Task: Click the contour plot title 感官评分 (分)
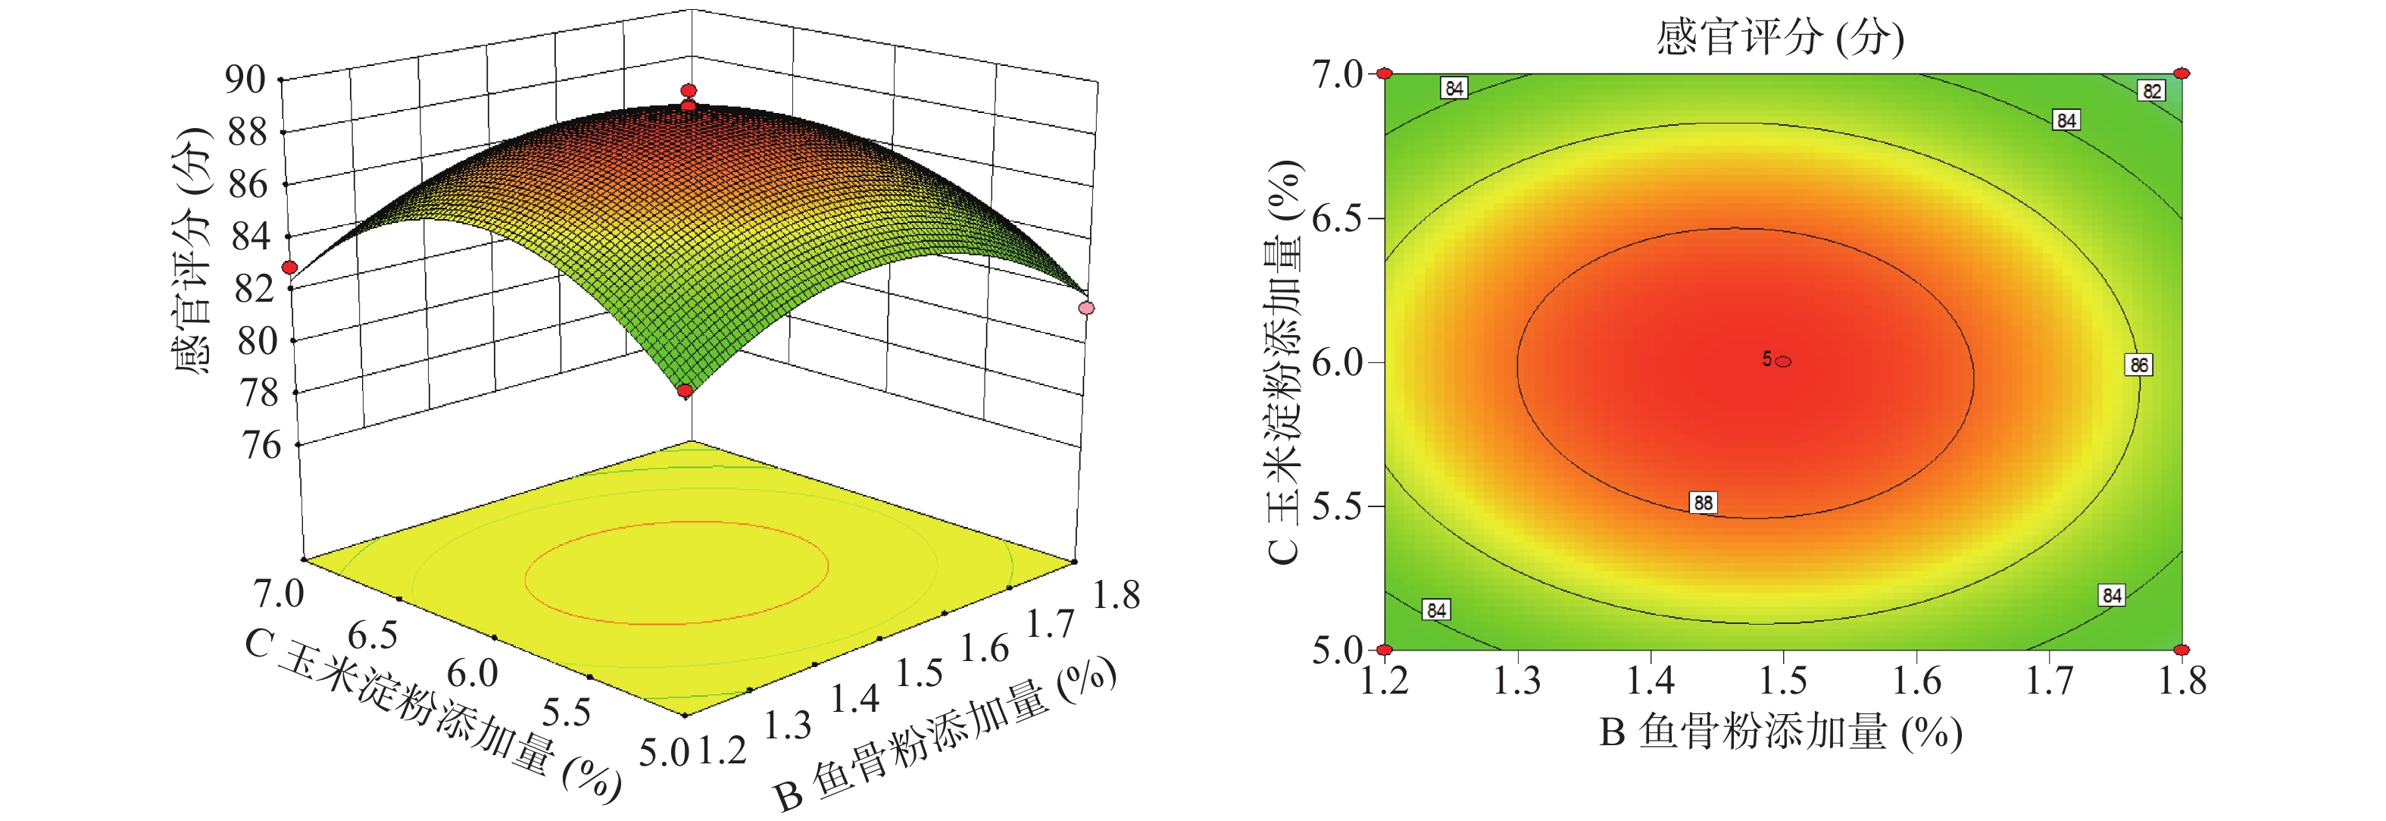click(x=1779, y=38)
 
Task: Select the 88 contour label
click(x=1703, y=503)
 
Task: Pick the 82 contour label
click(x=2152, y=91)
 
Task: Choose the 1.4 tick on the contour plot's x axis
click(x=1651, y=681)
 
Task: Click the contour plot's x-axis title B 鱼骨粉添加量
click(x=1780, y=732)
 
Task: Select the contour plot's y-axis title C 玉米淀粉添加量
click(x=1285, y=362)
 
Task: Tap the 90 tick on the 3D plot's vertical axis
click(x=245, y=80)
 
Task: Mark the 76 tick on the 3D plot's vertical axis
click(x=261, y=446)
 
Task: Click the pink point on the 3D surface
click(x=1086, y=308)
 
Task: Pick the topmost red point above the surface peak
click(x=689, y=91)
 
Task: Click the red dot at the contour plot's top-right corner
click(x=2182, y=74)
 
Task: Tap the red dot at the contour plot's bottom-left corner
click(x=1385, y=650)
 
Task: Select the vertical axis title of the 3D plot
click(x=192, y=250)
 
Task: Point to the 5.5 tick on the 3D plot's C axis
click(x=566, y=712)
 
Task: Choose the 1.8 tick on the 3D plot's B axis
click(x=1116, y=595)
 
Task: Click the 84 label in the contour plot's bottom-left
click(x=1435, y=609)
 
